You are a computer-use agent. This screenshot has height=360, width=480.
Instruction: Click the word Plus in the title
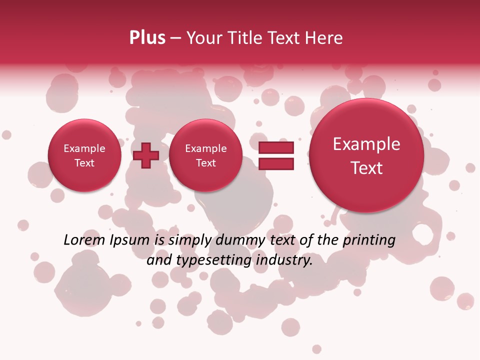click(x=147, y=38)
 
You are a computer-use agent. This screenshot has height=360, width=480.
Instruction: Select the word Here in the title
click(x=324, y=38)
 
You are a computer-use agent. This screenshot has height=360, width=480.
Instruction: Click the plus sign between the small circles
click(x=146, y=155)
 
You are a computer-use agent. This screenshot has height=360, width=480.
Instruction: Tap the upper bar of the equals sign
click(x=275, y=147)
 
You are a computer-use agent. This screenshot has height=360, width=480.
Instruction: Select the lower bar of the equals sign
click(x=275, y=163)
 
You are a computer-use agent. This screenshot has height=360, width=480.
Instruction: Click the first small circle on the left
click(x=84, y=155)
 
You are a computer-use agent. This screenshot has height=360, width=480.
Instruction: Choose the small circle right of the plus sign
click(x=206, y=155)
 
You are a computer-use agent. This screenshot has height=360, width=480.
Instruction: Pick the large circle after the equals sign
click(x=366, y=155)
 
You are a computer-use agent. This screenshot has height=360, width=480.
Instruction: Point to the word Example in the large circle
click(x=366, y=144)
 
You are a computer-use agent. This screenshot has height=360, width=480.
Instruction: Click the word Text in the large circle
click(x=366, y=168)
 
